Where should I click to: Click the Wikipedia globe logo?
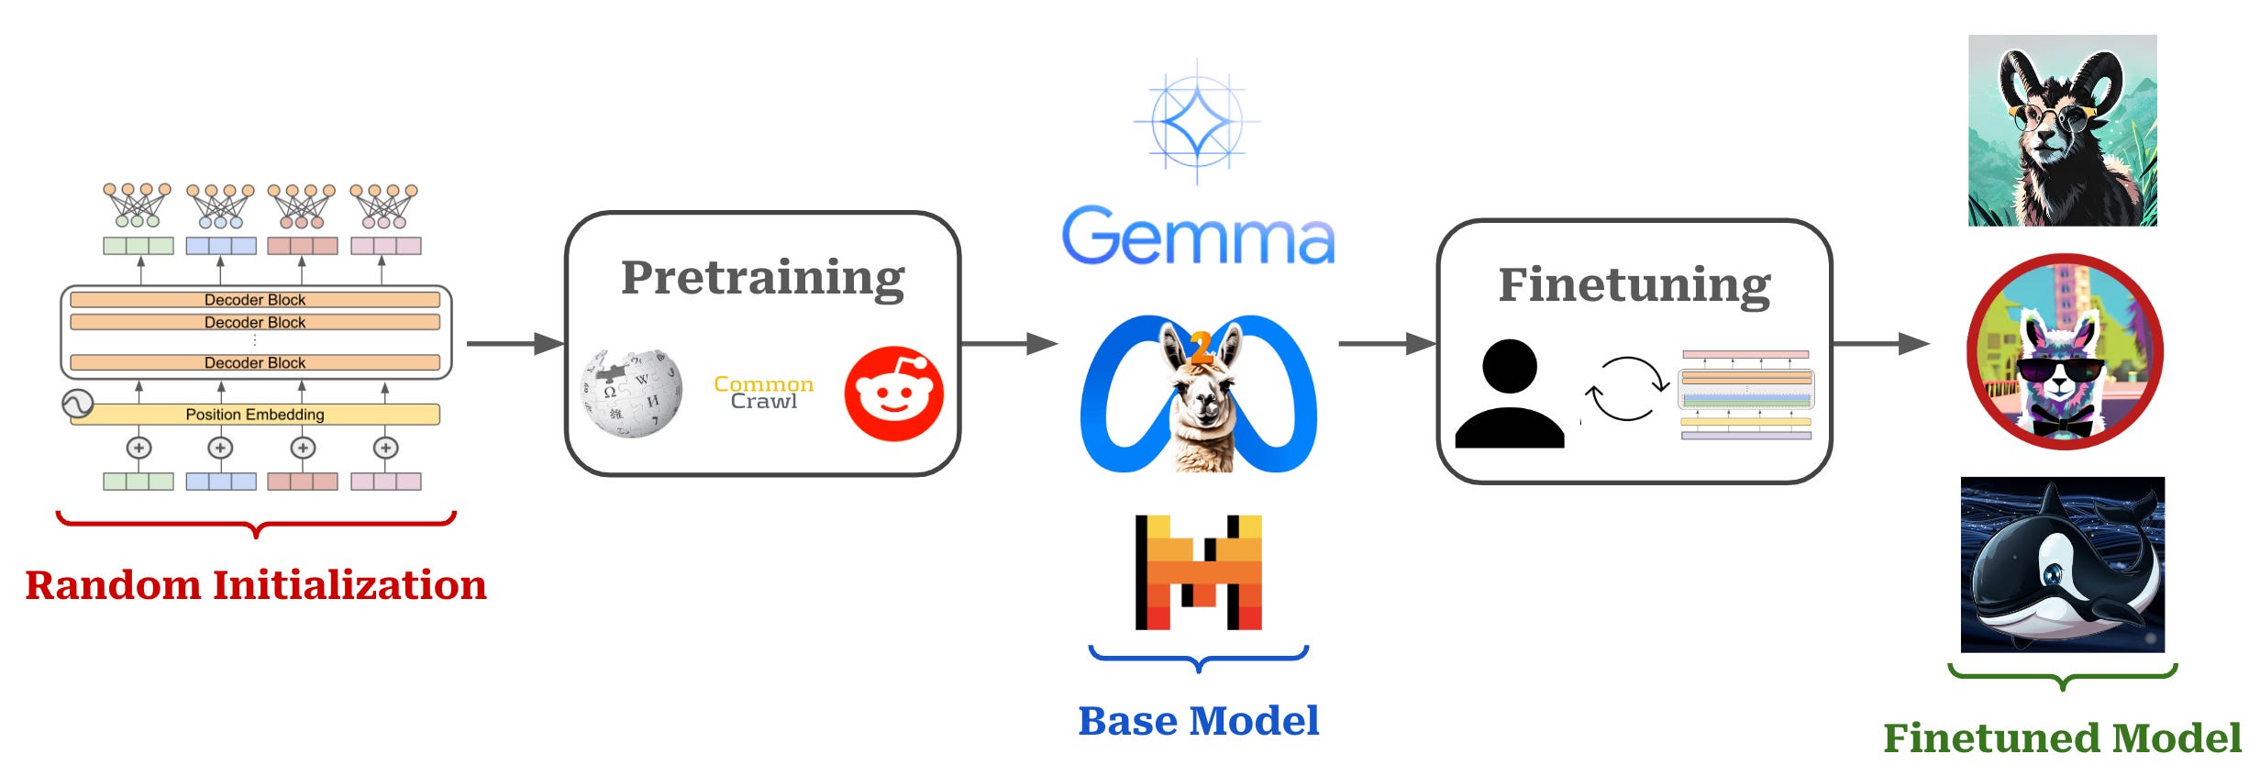tap(632, 393)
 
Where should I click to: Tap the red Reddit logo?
tap(893, 394)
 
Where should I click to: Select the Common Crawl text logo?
tap(763, 393)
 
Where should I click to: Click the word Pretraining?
tap(762, 278)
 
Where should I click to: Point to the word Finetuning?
tap(1634, 285)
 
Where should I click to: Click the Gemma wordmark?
tap(1198, 237)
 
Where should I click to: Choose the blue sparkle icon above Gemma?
tap(1197, 121)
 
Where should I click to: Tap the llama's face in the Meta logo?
tap(1200, 404)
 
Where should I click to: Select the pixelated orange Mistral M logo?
tap(1199, 572)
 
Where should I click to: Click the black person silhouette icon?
tap(1510, 394)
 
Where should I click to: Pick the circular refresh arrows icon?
tap(1626, 389)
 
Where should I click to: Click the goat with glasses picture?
tap(2062, 130)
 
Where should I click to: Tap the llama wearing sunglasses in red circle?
tap(2065, 352)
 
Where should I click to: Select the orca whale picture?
tap(2062, 564)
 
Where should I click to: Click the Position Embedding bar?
tap(255, 415)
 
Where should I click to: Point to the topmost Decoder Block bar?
tap(255, 300)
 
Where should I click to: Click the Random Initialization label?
tap(256, 585)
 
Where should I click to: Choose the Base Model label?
tap(1198, 721)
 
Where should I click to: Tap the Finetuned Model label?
tap(2062, 738)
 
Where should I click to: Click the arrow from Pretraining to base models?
tap(1009, 344)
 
